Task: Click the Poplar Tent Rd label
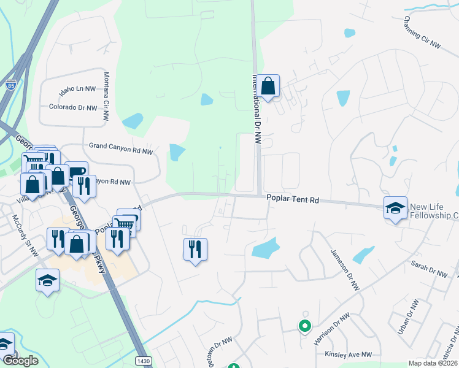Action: click(x=293, y=199)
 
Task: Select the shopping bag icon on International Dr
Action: click(x=268, y=86)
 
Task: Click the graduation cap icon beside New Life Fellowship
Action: click(x=395, y=209)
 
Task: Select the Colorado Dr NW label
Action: click(x=73, y=107)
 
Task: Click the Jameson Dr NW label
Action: click(x=344, y=269)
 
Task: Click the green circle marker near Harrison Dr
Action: click(x=304, y=326)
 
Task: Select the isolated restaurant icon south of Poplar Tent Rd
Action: click(x=195, y=250)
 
